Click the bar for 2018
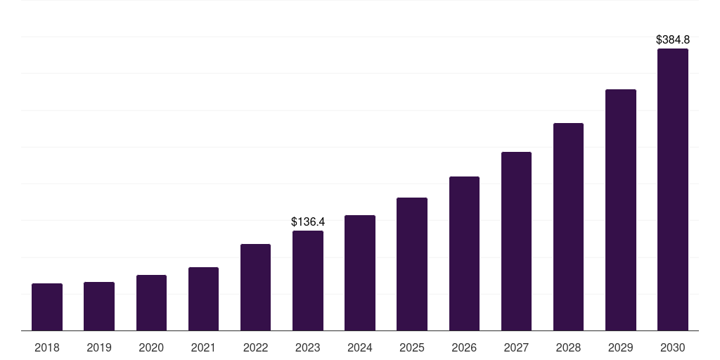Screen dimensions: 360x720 pos(47,307)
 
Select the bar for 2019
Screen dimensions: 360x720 pos(99,307)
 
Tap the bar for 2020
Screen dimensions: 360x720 pos(151,303)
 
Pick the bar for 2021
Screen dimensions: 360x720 pos(203,299)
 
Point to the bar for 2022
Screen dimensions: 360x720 pos(255,288)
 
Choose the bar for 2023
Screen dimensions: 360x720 pos(308,281)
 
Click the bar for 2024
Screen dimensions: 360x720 pos(360,273)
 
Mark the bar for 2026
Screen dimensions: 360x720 pos(464,254)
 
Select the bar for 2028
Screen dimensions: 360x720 pos(568,227)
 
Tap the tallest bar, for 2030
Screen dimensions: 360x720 pos(672,190)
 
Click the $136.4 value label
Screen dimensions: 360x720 pos(308,222)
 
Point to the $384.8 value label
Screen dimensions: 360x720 pos(672,40)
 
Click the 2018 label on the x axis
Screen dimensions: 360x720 pos(47,347)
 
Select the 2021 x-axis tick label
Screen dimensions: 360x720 pos(203,347)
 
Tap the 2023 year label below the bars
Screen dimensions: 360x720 pos(308,347)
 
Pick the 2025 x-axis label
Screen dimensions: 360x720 pos(412,347)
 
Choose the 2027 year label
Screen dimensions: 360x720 pos(516,347)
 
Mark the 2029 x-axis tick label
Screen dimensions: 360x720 pos(620,347)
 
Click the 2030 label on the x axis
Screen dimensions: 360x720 pos(672,347)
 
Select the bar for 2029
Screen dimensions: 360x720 pos(620,210)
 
